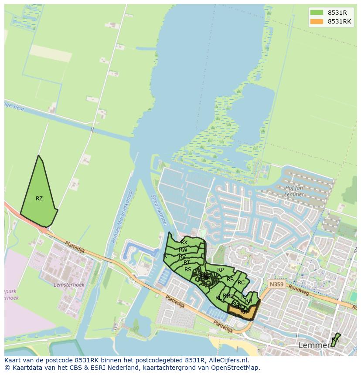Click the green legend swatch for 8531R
[317, 13]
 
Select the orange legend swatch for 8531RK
[317, 21]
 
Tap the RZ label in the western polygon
[39, 199]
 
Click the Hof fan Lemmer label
[293, 191]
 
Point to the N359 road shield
[276, 284]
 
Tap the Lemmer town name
[314, 345]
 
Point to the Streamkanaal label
[158, 209]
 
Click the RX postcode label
[184, 243]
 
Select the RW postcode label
[183, 250]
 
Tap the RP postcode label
[220, 270]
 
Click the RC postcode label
[241, 283]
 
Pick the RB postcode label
[230, 280]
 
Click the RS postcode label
[187, 270]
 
